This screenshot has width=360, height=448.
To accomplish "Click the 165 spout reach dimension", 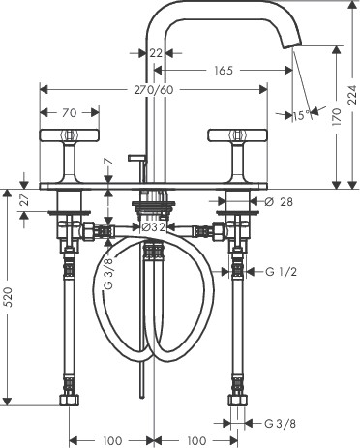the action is tap(224, 71).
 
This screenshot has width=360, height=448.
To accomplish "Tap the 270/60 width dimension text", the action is tap(154, 90).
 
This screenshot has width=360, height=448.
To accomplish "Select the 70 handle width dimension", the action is tap(70, 113).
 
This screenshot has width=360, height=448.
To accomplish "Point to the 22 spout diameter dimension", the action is tap(156, 52).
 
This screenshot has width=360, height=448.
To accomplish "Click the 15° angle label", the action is tap(302, 115).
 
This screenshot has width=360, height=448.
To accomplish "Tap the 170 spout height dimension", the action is tap(337, 117).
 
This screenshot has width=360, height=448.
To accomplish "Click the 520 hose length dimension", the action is tap(8, 297).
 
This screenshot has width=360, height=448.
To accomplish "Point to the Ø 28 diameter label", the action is tap(279, 202).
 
